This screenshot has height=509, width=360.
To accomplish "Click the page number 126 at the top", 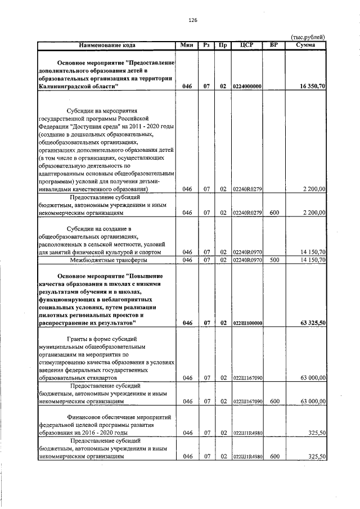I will click(x=192, y=20).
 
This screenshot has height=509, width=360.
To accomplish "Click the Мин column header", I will click(x=187, y=44).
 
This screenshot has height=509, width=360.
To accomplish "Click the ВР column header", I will click(x=274, y=44).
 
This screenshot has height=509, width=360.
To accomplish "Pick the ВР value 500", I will click(x=274, y=260).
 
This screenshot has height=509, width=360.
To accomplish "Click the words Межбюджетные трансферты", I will click(x=106, y=260).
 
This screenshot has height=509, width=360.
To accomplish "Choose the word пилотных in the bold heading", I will click(x=55, y=316).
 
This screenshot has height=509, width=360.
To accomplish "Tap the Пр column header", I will click(x=223, y=44).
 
